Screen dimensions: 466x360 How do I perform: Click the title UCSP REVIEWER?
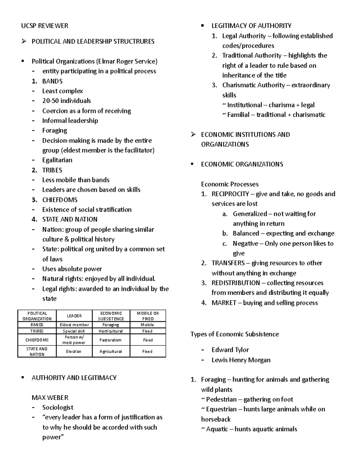click(x=44, y=26)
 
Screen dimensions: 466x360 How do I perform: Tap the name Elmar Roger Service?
click(x=126, y=62)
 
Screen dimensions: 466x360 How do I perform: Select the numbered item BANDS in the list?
click(x=52, y=81)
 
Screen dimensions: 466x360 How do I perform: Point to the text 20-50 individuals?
click(x=66, y=101)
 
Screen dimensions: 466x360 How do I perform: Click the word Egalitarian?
click(x=57, y=160)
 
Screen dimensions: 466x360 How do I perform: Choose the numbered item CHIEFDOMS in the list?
click(x=60, y=200)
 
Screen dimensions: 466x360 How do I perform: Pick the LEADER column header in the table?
click(x=74, y=316)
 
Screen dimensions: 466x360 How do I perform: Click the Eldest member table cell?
click(x=74, y=325)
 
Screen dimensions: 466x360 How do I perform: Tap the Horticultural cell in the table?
click(x=111, y=331)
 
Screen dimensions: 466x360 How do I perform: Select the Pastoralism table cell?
click(x=111, y=340)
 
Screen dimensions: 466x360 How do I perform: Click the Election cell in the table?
click(x=74, y=352)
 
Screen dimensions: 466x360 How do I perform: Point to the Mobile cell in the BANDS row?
click(x=147, y=325)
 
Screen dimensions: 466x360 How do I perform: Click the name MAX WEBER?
click(x=50, y=398)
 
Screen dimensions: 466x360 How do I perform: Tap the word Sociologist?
click(x=58, y=407)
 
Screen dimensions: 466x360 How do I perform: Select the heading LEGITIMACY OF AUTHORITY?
click(x=251, y=26)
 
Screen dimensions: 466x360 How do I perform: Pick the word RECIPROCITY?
click(x=230, y=194)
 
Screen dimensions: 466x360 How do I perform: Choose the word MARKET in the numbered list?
click(x=224, y=303)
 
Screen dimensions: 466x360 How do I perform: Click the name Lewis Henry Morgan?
click(x=241, y=360)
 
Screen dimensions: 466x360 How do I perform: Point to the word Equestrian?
click(x=221, y=409)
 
